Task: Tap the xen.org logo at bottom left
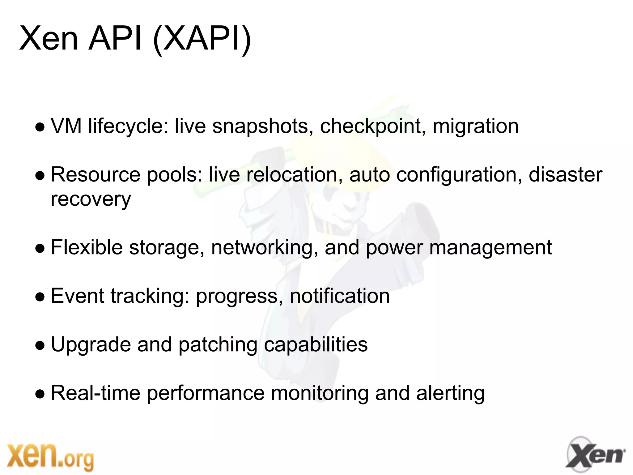tap(50, 457)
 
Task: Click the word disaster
tap(565, 175)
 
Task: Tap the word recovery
tap(91, 199)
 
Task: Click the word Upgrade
tap(91, 345)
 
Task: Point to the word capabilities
tap(316, 344)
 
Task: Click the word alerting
tap(450, 394)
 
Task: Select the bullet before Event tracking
tap(40, 297)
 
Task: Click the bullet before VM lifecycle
tap(40, 127)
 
